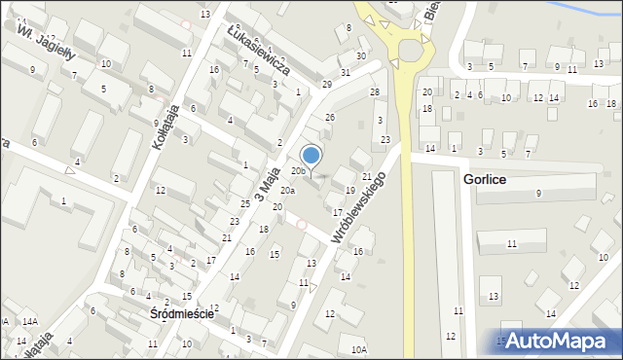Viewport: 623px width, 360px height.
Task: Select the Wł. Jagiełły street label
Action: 39,42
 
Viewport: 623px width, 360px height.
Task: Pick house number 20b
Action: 298,171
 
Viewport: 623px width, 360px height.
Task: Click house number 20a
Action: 287,191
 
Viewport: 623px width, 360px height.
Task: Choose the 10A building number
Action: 359,348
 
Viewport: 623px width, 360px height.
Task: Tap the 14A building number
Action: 29,321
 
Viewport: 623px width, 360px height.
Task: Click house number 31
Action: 345,73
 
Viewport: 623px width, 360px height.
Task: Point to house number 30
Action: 361,55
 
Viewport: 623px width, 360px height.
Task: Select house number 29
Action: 327,85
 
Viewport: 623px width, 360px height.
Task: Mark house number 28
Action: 375,91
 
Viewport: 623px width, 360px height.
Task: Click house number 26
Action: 330,117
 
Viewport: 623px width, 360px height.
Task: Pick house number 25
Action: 246,204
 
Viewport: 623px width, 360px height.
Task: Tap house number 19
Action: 349,190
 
